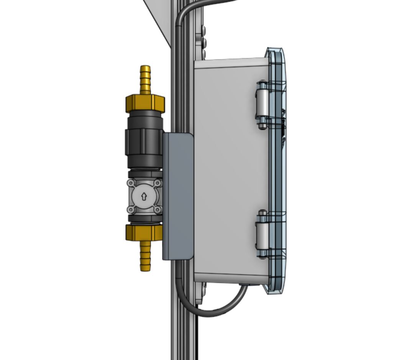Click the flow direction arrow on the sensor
[x=144, y=197]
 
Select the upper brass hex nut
[x=145, y=103]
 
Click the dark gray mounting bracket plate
[x=178, y=196]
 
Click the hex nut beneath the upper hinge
[x=262, y=125]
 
